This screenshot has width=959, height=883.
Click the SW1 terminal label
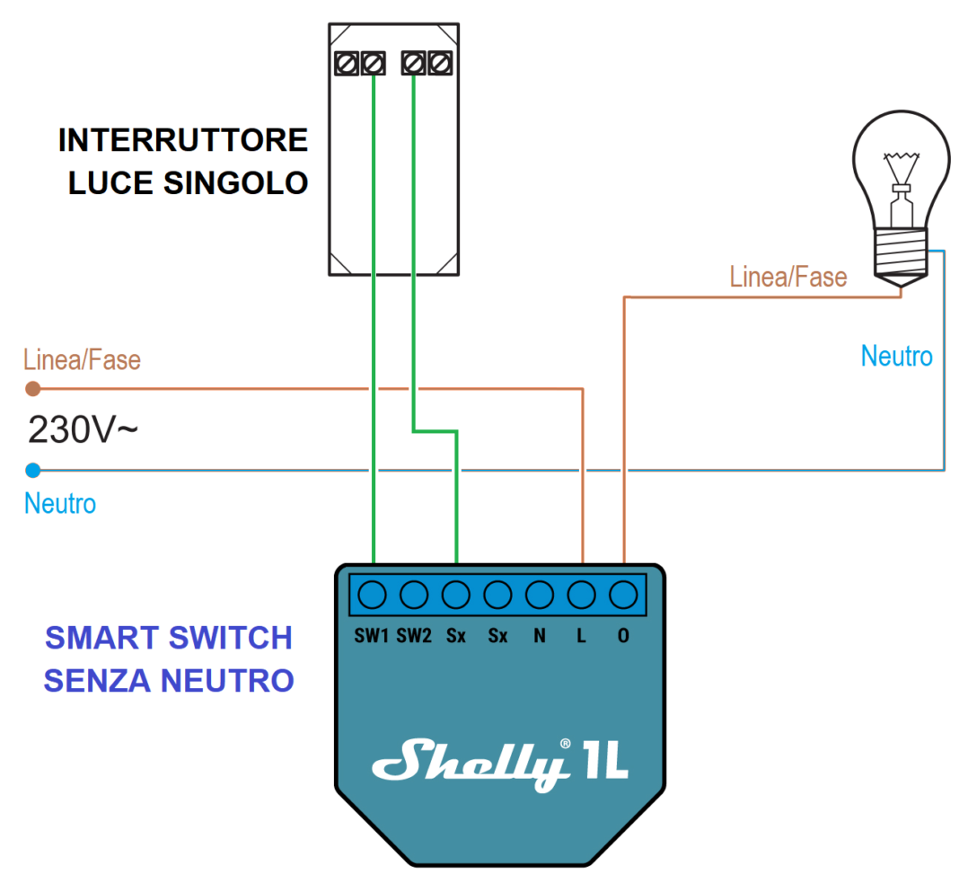click(x=372, y=636)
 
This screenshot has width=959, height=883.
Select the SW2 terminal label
click(x=414, y=636)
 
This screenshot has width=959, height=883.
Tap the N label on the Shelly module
click(x=539, y=636)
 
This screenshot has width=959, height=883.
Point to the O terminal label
click(x=623, y=636)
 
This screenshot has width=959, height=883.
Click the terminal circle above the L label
click(x=582, y=595)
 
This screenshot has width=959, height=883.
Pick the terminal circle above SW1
click(x=372, y=595)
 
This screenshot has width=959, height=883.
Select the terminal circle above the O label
click(x=623, y=595)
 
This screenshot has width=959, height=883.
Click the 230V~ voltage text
click(x=83, y=430)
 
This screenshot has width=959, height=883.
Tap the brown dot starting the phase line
click(x=33, y=389)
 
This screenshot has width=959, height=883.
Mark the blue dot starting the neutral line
click(x=33, y=470)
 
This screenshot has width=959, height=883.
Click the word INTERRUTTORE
click(x=183, y=141)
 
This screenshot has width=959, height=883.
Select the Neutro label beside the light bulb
click(x=896, y=357)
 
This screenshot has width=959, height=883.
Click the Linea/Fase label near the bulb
click(x=787, y=277)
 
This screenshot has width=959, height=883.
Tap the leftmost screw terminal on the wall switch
click(x=346, y=64)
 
